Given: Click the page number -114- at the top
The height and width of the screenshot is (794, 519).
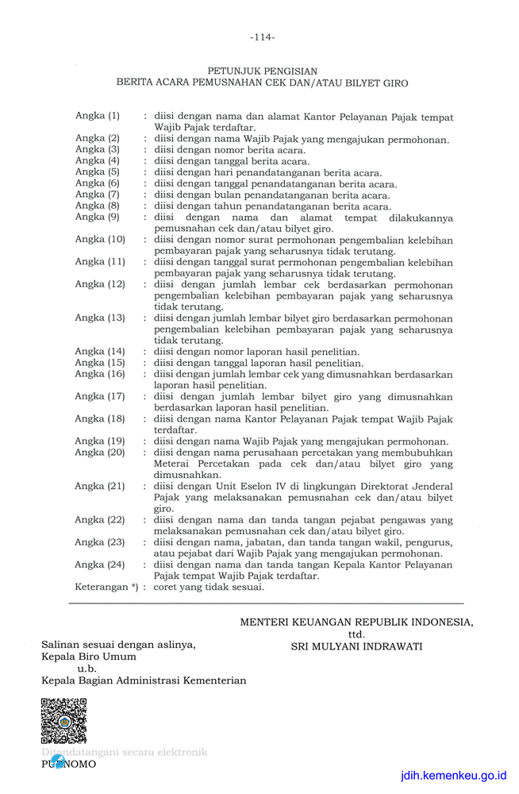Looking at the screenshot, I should (x=262, y=37).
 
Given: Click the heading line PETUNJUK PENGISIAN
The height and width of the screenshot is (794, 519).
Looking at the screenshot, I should (x=262, y=71).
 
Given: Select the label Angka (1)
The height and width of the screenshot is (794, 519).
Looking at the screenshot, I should (x=98, y=116).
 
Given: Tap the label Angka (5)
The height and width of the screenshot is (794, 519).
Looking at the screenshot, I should (x=98, y=172).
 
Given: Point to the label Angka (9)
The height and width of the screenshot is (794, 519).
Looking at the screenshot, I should (x=98, y=217).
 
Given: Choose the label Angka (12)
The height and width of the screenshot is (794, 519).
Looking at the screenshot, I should (x=100, y=284).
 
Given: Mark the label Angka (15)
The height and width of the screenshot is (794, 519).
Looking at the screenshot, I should (x=100, y=362).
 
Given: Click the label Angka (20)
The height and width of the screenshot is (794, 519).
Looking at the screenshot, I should (x=100, y=452).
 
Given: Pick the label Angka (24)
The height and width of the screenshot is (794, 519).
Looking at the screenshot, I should (x=100, y=565).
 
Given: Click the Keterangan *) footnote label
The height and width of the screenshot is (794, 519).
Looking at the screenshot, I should (x=106, y=587).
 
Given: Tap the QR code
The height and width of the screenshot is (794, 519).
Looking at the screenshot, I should (x=63, y=721).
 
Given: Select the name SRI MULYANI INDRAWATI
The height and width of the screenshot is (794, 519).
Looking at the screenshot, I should (x=356, y=646).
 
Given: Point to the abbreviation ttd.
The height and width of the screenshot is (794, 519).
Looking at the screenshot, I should (x=356, y=634).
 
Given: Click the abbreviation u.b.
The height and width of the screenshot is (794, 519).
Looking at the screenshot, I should (x=86, y=669).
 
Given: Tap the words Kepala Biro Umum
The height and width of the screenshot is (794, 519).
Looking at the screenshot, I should (x=89, y=657).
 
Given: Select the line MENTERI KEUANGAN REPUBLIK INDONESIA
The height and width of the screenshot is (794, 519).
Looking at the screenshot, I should (x=356, y=622).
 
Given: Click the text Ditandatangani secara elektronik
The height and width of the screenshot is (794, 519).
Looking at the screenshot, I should (x=125, y=752).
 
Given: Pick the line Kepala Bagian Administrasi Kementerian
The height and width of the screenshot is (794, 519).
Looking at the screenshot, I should (x=144, y=680).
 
